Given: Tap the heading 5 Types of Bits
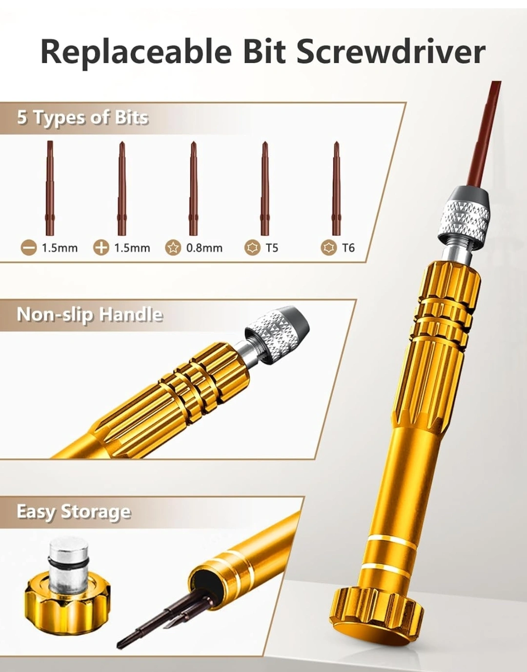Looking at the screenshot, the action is [82, 118].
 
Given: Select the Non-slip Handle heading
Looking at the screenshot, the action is [90, 315].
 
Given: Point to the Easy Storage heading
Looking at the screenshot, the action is [74, 512].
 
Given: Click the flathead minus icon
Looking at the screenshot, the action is [29, 248].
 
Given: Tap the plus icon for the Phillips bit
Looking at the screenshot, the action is [101, 248].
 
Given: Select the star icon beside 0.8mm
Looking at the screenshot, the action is [173, 248].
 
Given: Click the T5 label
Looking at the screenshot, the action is [272, 248].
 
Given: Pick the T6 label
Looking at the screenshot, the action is [348, 248].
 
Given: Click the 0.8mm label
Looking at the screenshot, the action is [204, 248].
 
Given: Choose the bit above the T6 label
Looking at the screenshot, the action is [336, 189].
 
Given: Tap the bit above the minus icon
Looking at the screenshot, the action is [50, 188].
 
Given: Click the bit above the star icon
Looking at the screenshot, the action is [193, 189].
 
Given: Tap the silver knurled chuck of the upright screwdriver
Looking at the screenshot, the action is [464, 221].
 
